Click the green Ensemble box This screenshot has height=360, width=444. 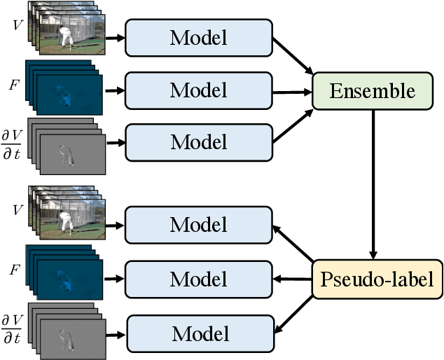[373, 91]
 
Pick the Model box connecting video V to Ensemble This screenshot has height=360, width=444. [198, 38]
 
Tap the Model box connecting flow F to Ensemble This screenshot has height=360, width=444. [198, 90]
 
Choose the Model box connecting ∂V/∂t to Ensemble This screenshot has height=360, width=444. [198, 142]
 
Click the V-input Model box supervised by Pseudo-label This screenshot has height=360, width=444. [198, 225]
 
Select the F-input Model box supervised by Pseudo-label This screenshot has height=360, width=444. [198, 277]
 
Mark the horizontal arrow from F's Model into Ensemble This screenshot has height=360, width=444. [291, 91]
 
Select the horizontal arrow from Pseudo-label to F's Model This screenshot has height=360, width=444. [291, 279]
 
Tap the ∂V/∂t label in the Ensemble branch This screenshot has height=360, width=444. [14, 134]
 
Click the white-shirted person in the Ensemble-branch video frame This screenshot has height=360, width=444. [68, 37]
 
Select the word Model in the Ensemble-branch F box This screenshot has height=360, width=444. [198, 90]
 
